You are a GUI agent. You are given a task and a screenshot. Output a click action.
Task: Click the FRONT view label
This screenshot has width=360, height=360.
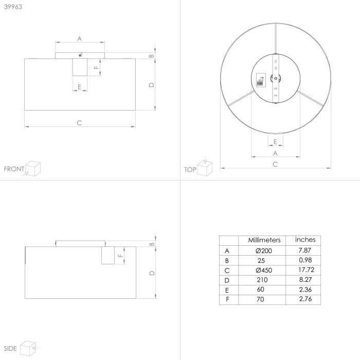point(13,169)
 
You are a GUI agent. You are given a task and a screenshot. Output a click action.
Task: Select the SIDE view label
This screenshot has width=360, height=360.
point(11,349)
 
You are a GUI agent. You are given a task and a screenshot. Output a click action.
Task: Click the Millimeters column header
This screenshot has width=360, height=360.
point(264,240)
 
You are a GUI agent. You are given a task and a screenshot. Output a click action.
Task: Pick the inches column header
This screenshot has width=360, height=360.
point(305,240)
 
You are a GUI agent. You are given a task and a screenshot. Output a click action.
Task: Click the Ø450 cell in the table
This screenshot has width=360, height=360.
point(264,270)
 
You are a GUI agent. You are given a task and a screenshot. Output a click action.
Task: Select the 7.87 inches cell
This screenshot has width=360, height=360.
point(305,250)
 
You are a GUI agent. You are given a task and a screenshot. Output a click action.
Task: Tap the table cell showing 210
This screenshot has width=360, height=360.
point(264,280)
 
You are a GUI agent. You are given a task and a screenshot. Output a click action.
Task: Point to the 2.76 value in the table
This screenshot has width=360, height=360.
point(305,299)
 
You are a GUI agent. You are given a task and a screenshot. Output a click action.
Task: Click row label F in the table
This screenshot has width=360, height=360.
point(227,299)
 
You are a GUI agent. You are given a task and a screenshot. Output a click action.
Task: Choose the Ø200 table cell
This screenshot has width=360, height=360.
point(264,250)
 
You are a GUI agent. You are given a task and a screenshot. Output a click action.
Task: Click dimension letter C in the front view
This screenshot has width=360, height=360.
point(79,122)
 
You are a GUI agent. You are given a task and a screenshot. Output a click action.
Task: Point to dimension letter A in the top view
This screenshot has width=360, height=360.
point(275,153)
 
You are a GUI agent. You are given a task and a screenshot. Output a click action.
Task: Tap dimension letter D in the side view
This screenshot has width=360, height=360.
point(152,273)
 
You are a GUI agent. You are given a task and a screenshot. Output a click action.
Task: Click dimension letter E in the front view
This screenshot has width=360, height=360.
point(79,86)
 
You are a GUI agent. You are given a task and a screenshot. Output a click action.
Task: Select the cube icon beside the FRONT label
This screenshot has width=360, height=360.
point(33,168)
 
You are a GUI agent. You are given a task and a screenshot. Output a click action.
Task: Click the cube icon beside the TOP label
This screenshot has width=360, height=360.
point(206,168)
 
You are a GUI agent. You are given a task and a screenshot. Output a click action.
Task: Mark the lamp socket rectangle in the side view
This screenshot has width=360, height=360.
point(108,255)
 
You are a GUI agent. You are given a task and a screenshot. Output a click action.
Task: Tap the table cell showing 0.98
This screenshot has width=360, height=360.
point(305,260)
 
